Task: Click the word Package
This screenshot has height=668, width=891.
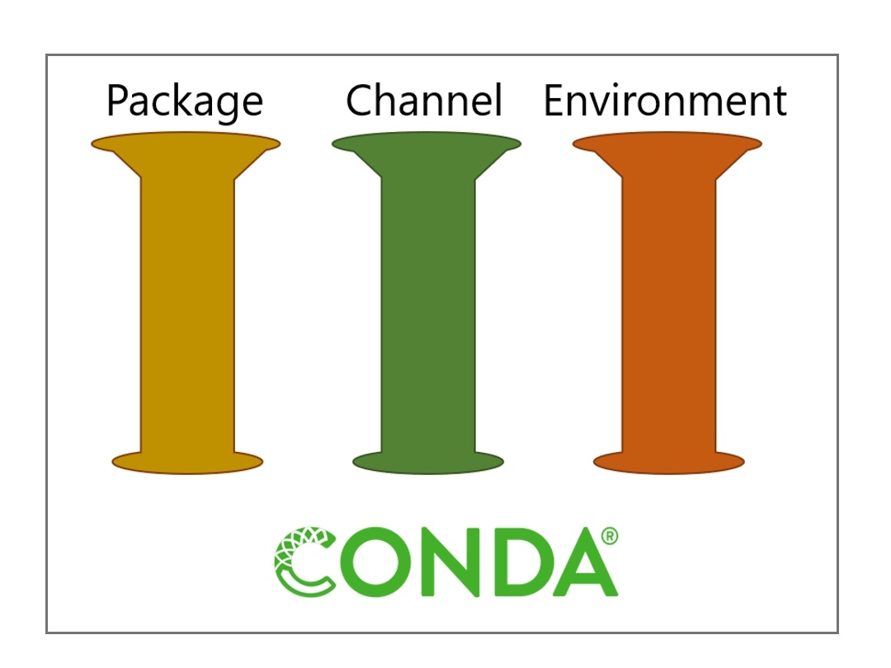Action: click(185, 102)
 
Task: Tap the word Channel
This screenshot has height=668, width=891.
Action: click(424, 100)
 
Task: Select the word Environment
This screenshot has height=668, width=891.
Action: click(665, 100)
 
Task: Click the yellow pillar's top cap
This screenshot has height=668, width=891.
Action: click(186, 144)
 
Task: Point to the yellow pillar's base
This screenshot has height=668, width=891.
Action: click(187, 462)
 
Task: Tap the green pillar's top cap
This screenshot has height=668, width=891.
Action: click(427, 144)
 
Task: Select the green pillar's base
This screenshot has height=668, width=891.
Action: click(428, 462)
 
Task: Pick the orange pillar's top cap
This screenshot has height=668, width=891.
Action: click(667, 144)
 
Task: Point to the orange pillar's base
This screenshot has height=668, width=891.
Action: click(669, 462)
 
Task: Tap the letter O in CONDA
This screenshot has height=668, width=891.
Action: click(375, 562)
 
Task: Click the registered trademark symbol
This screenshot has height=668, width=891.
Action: click(609, 536)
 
